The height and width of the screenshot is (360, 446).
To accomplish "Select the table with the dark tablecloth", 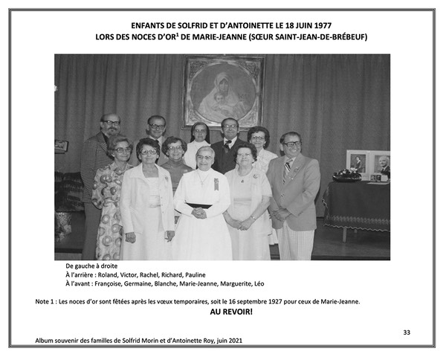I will point(355,201).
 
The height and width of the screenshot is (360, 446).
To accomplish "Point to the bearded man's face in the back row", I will point(111,127).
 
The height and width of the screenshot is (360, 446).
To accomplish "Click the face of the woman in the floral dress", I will point(121,152).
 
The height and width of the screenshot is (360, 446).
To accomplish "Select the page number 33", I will point(406,332).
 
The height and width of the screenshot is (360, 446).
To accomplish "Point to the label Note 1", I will point(47,301).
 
